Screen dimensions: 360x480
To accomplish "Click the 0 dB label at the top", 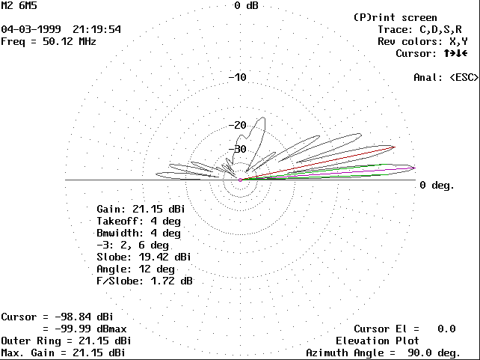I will coord(246,6).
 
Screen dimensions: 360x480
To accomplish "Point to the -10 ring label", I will coord(237,78).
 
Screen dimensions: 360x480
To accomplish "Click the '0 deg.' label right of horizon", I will coord(437,185).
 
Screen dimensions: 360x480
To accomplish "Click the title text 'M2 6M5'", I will coord(19,6).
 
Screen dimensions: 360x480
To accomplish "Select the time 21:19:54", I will coord(96,29).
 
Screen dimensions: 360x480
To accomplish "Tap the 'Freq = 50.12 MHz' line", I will coord(49,41).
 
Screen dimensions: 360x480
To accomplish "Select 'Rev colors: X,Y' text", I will coord(422,41).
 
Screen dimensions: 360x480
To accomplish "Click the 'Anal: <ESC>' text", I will coord(446,77).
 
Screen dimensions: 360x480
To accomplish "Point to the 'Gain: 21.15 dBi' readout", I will coord(141,209).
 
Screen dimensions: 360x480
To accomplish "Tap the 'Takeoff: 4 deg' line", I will coord(138,221).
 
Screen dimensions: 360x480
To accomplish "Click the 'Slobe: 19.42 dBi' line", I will coord(144,257).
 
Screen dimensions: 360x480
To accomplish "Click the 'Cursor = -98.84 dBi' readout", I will coord(63,317).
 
